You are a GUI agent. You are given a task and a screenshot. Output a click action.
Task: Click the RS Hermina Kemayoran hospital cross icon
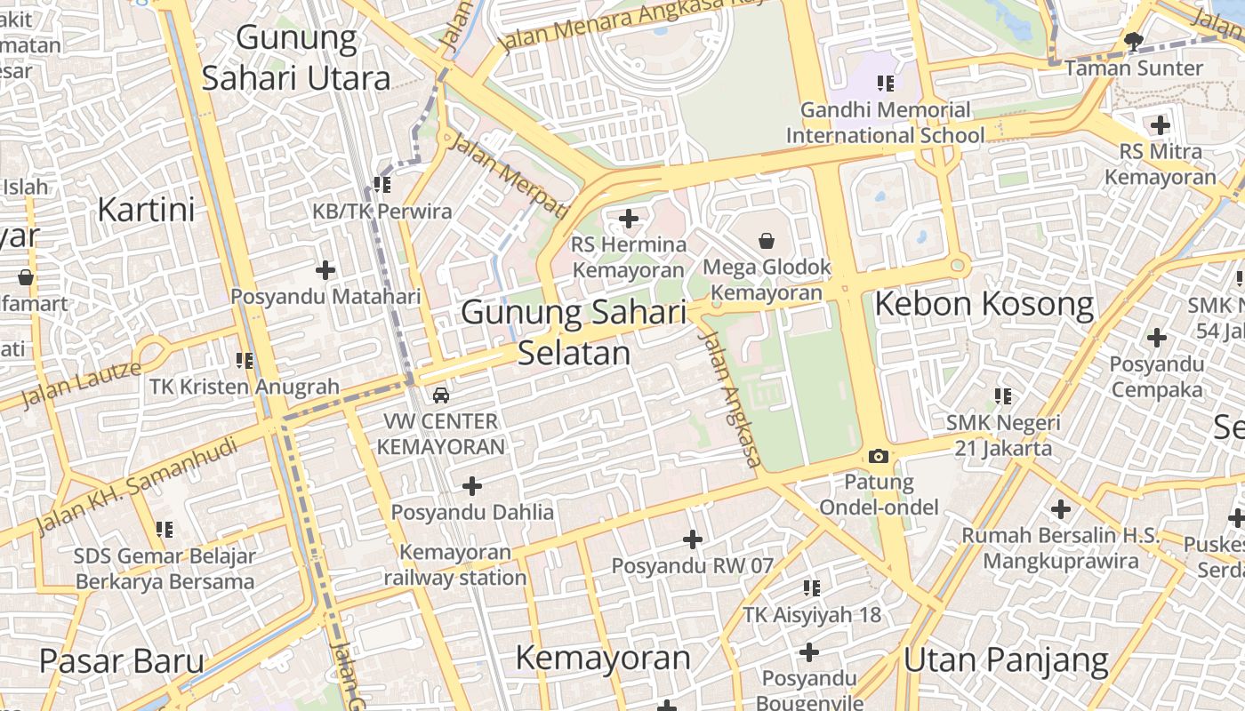click(629, 218)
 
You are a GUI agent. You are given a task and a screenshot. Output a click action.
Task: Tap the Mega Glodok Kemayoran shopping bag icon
click(767, 240)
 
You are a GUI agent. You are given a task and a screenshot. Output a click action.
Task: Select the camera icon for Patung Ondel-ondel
click(879, 456)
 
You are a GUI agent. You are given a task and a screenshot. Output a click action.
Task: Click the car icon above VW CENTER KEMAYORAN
click(441, 395)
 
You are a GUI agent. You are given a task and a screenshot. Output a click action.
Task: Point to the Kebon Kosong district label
click(984, 305)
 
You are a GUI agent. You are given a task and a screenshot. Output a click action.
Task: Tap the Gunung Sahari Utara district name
click(296, 59)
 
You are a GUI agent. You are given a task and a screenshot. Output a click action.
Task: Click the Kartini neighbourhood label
click(146, 211)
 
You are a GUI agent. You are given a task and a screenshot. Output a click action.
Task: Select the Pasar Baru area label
click(122, 662)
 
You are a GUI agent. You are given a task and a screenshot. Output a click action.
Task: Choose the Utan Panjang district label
click(1006, 661)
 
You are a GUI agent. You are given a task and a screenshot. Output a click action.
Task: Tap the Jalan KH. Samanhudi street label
click(138, 485)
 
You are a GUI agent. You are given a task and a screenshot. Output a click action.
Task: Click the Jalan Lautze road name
click(81, 384)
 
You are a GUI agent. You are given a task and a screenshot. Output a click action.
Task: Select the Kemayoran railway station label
click(455, 565)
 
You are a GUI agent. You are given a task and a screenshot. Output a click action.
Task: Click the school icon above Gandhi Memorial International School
click(885, 84)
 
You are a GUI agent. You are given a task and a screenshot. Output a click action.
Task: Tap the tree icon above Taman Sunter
click(1134, 41)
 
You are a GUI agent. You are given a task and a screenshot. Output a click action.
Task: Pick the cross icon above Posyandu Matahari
click(325, 269)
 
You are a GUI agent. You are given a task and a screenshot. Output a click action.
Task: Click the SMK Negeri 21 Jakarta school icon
click(1003, 395)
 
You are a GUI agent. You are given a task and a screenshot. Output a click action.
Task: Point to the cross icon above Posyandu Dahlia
click(472, 485)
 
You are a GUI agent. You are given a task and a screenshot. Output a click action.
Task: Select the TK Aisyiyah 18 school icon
click(811, 587)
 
